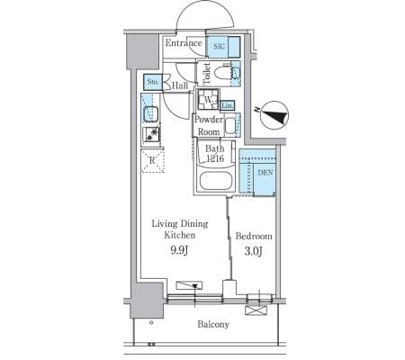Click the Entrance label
[x=184, y=43]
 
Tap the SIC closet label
[x=219, y=47]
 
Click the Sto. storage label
[x=153, y=82]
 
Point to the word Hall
[x=180, y=85]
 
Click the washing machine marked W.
[x=209, y=100]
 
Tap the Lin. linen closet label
[x=228, y=105]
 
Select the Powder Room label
[x=209, y=125]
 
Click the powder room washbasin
[x=230, y=126]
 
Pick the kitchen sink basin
[x=151, y=114]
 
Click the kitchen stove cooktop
[x=151, y=134]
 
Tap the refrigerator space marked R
[x=152, y=161]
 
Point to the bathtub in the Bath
[x=216, y=181]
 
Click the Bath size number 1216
[x=215, y=158]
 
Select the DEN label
[x=265, y=173]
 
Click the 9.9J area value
[x=179, y=250]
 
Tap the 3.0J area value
[x=254, y=251]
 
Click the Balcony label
[x=213, y=324]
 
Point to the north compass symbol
[x=274, y=115]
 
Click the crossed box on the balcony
[x=256, y=310]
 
